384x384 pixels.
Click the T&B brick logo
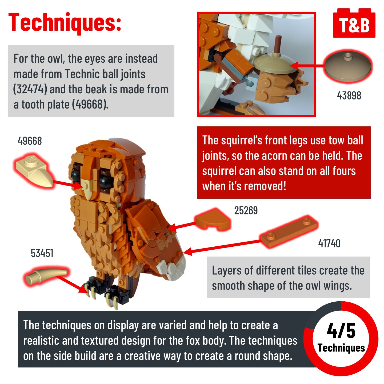(x=354, y=23)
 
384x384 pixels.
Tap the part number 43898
(x=349, y=95)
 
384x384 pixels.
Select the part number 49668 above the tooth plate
(x=30, y=141)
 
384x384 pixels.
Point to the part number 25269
(x=246, y=210)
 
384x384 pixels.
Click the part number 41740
(x=329, y=243)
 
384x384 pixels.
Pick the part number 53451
(x=42, y=253)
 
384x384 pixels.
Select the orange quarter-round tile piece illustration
(x=213, y=220)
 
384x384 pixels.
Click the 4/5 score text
(x=341, y=331)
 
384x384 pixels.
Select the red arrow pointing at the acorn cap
(x=307, y=66)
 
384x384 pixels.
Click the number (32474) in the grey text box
(x=30, y=89)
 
